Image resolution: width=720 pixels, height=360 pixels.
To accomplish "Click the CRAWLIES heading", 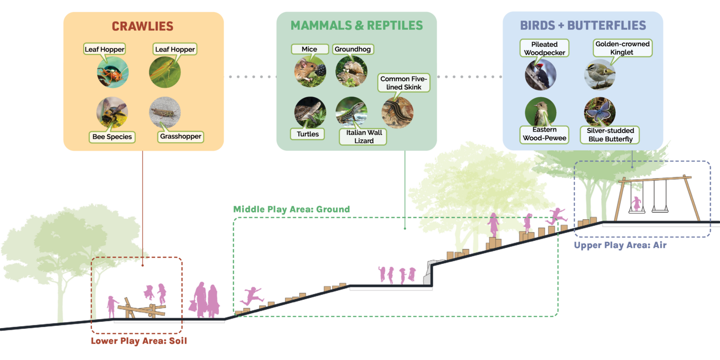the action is click(x=142, y=27).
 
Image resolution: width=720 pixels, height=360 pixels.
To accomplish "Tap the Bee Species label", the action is click(x=112, y=137).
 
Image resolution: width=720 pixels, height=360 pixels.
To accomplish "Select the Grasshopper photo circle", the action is click(x=165, y=112).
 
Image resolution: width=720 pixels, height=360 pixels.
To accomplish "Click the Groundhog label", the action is click(x=353, y=49).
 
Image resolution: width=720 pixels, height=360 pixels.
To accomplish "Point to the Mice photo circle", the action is click(x=310, y=72).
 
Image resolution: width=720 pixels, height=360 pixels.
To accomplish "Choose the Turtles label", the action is click(x=308, y=134).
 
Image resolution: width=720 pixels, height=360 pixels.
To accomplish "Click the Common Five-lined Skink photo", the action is click(x=397, y=112).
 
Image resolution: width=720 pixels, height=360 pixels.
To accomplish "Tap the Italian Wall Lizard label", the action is click(x=364, y=137).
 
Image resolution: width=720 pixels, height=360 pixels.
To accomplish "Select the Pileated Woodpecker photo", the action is click(x=540, y=75).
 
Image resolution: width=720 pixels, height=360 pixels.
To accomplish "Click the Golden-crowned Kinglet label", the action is click(x=622, y=48).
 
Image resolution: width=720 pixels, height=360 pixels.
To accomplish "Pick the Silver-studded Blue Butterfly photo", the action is click(x=600, y=112).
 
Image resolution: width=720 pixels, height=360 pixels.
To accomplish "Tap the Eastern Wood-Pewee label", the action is click(x=544, y=134).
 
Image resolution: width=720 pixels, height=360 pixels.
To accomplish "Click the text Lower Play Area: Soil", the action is click(x=139, y=341).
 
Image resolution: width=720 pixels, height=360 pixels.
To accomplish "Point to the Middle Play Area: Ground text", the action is click(x=291, y=209).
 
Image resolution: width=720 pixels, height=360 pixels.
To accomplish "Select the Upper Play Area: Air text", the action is click(x=620, y=245).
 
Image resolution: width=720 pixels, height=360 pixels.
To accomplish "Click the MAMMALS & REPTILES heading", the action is click(x=356, y=26).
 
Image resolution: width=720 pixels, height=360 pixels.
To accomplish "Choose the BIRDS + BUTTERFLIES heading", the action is click(x=583, y=26).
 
